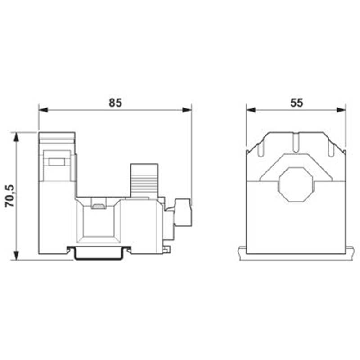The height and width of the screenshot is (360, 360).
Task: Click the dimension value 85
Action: tap(115, 103)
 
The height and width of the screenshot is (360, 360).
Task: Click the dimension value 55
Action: tap(297, 103)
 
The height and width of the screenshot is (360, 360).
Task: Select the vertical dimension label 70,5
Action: tap(10, 196)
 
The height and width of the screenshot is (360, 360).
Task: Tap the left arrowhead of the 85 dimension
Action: tap(43, 110)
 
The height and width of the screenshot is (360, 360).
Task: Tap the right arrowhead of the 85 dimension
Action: tap(187, 110)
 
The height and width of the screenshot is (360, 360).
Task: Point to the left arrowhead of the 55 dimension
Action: tap(251, 110)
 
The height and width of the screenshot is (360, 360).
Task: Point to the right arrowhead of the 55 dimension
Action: tap(341, 110)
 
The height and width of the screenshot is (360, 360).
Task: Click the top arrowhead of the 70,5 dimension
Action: tap(16, 137)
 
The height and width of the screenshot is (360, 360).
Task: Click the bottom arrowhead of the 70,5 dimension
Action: tap(16, 256)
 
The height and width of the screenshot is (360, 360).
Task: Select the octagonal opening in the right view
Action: tap(297, 184)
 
